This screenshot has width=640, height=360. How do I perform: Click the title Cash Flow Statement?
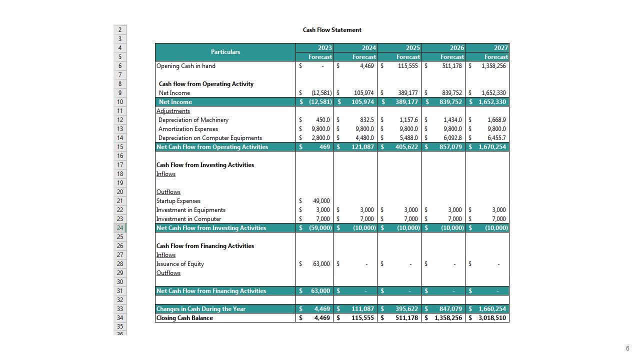(332, 30)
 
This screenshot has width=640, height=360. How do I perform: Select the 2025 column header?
(412, 48)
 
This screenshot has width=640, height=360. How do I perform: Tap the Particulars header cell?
(225, 52)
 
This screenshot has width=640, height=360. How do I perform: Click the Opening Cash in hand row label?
(186, 66)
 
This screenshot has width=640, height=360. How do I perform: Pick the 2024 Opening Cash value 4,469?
(366, 66)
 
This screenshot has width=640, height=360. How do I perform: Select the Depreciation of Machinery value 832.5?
(366, 120)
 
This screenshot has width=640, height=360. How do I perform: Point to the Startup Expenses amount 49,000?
(321, 201)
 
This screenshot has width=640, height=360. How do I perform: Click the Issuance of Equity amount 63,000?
(321, 264)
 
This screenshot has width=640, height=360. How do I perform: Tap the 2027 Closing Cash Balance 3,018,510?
(492, 318)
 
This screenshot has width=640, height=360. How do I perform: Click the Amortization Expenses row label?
(188, 129)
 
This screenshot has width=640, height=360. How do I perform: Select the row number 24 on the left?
(120, 228)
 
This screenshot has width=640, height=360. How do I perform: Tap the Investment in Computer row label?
(188, 219)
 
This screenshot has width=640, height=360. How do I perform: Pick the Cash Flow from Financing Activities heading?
(205, 246)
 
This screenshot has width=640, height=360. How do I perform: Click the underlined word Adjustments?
(173, 111)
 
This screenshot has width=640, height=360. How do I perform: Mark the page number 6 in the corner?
(627, 348)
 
